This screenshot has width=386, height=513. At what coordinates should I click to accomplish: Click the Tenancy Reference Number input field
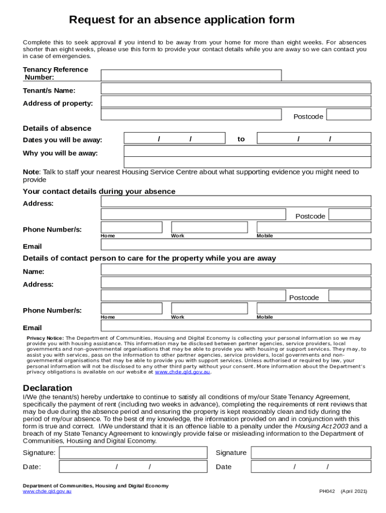pyautogui.click(x=191, y=76)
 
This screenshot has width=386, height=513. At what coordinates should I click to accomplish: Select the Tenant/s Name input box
pyautogui.click(x=236, y=89)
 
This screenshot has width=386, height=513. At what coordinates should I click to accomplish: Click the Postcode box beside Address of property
pyautogui.click(x=348, y=114)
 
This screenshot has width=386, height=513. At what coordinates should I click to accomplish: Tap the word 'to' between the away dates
pyautogui.click(x=241, y=139)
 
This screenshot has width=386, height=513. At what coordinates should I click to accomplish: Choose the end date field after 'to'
pyautogui.click(x=314, y=138)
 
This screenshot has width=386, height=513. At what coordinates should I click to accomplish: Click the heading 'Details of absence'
pyautogui.click(x=57, y=128)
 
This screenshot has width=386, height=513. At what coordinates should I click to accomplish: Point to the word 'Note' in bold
pyautogui.click(x=31, y=172)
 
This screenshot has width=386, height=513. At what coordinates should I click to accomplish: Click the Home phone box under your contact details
pyautogui.click(x=131, y=227)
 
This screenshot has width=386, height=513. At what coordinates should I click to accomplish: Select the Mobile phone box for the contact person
pyautogui.click(x=314, y=308)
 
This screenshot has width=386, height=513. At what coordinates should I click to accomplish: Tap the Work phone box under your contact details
pyautogui.click(x=209, y=227)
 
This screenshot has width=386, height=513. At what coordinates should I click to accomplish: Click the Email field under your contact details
pyautogui.click(x=236, y=244)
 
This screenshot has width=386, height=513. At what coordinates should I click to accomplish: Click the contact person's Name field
pyautogui.click(x=236, y=270)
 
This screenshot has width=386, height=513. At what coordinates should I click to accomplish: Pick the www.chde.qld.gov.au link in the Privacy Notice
pyautogui.click(x=182, y=372)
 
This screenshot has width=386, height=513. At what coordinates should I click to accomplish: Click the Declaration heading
pyautogui.click(x=48, y=388)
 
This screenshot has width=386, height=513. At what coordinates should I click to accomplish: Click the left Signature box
pyautogui.click(x=133, y=453)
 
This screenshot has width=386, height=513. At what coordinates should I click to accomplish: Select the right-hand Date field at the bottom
pyautogui.click(x=311, y=467)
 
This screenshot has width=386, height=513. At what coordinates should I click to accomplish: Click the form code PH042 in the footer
pyautogui.click(x=327, y=491)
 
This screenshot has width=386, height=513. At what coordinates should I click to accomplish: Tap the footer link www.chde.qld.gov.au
pyautogui.click(x=47, y=491)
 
